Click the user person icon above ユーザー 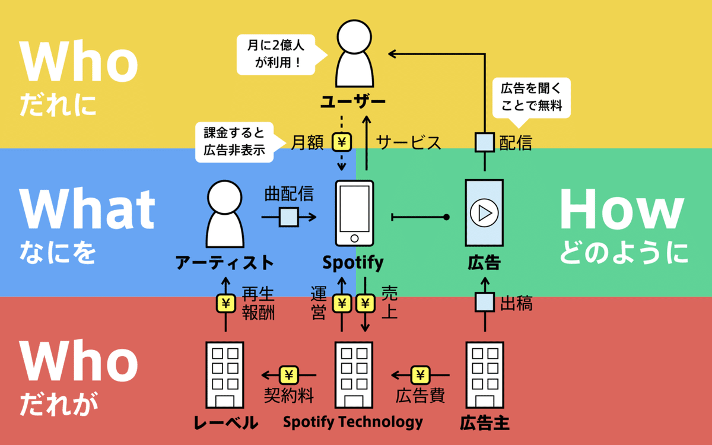point(354,55)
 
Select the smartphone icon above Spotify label point(354,213)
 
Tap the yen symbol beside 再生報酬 point(225,304)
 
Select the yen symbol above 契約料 point(289,375)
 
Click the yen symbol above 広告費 point(420,375)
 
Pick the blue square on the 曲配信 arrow point(289,218)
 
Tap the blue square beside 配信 point(485,142)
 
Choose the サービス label point(409,143)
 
